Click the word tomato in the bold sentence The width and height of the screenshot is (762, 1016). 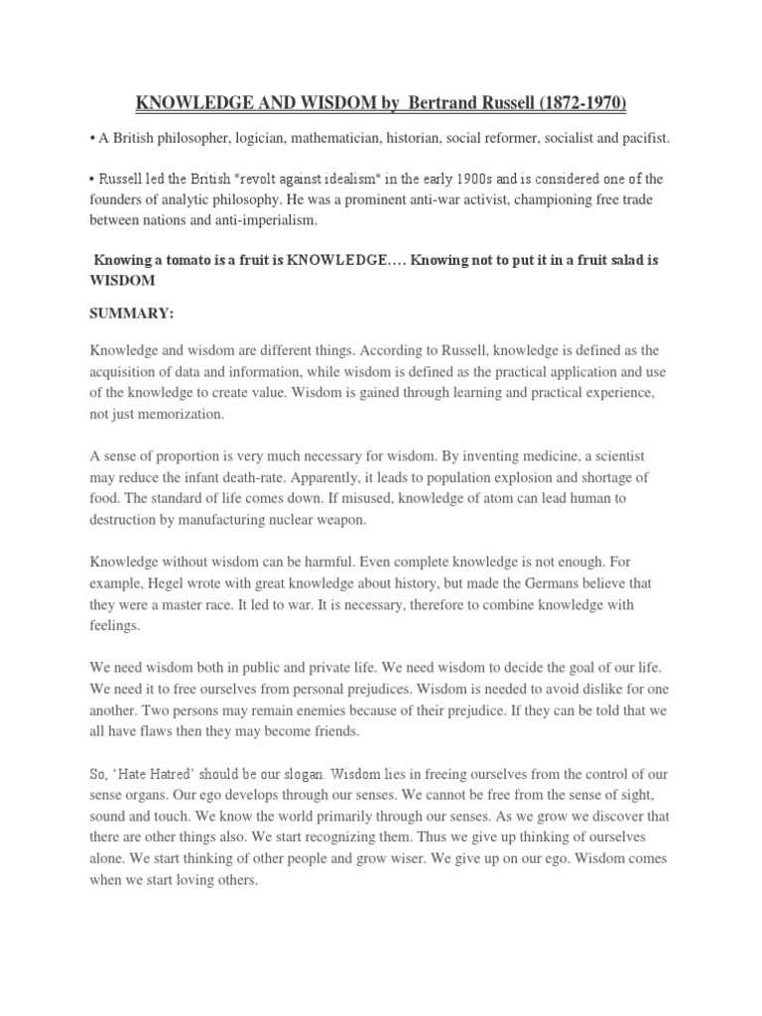185,260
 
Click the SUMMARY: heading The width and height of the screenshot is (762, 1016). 132,314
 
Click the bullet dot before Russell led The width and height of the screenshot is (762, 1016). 93,179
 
